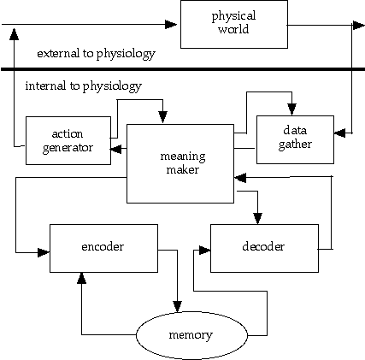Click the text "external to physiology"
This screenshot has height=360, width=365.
(96, 54)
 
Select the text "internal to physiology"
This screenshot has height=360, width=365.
(84, 86)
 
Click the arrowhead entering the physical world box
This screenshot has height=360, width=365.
(171, 24)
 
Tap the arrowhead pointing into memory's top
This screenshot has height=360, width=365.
(177, 306)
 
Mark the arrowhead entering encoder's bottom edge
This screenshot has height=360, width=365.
(82, 278)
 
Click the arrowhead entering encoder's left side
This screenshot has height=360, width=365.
(44, 252)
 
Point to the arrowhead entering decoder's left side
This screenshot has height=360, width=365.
(205, 251)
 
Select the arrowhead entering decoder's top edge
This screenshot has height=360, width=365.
(257, 219)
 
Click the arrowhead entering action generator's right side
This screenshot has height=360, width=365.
(116, 149)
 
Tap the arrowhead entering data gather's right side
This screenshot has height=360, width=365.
(339, 133)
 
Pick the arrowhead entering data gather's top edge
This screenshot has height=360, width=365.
(291, 109)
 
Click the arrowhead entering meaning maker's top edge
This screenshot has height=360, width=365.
(162, 117)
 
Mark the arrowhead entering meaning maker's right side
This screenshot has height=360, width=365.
(240, 178)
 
